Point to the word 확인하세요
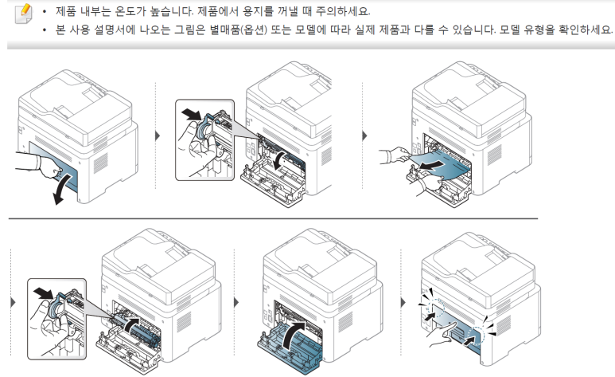[x=587, y=30]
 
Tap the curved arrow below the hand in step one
[x=57, y=190]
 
